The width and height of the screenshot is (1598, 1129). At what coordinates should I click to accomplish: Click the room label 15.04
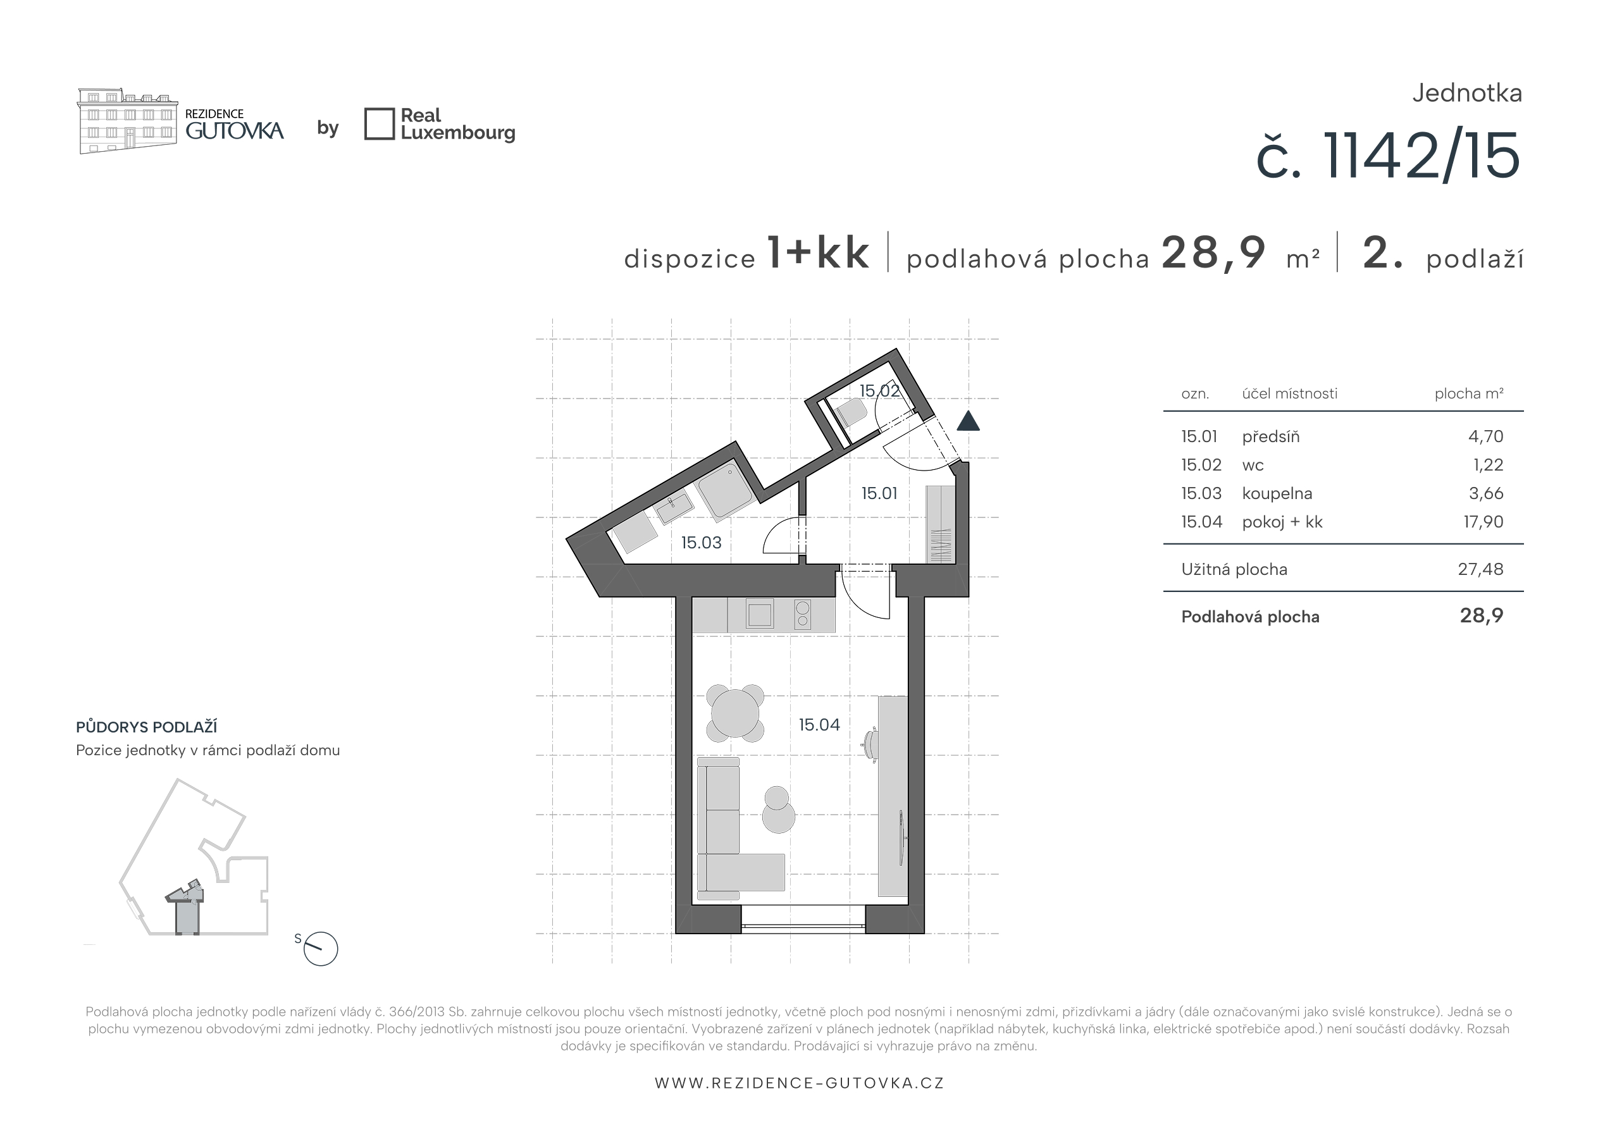click(819, 725)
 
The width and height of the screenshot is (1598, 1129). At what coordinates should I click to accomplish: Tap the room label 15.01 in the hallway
click(879, 493)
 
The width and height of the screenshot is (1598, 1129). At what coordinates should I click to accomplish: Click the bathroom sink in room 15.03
click(673, 507)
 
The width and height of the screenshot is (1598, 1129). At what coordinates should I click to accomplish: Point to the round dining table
click(735, 713)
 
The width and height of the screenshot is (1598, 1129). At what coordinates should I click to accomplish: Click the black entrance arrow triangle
click(968, 421)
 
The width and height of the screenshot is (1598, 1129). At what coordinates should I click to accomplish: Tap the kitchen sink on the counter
click(759, 615)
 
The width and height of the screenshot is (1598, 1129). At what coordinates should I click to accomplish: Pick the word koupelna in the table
click(1277, 493)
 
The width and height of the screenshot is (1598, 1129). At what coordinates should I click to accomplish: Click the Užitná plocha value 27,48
click(1480, 569)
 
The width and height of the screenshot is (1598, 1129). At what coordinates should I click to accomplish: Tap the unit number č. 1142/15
click(1389, 156)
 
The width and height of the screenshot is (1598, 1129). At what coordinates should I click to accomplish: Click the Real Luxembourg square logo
click(380, 124)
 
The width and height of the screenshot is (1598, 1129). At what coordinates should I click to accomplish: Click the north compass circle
click(321, 949)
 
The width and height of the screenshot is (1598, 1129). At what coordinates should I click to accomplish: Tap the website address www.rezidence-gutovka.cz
click(799, 1083)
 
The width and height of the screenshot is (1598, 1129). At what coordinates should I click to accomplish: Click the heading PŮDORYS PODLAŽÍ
click(146, 727)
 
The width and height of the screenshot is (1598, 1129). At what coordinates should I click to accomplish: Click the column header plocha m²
click(1468, 394)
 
